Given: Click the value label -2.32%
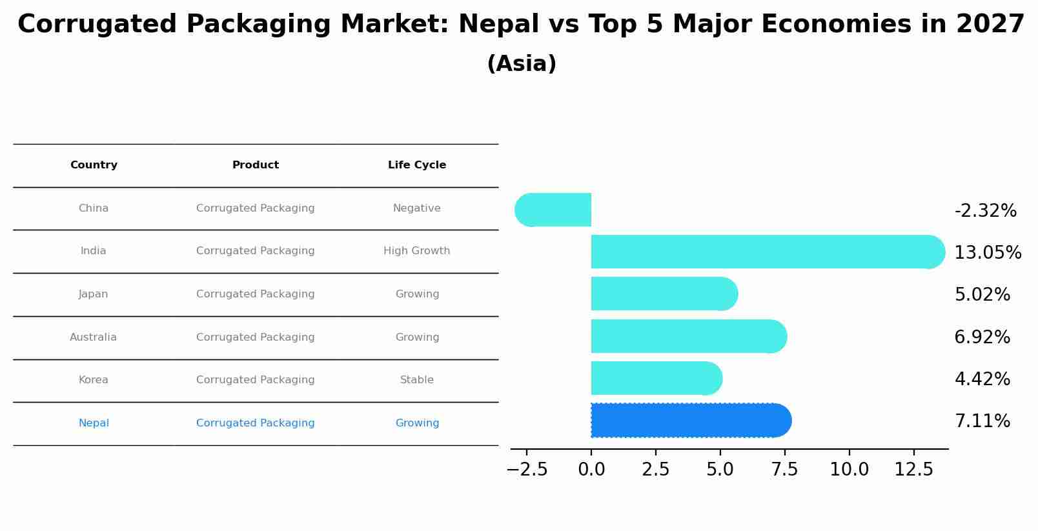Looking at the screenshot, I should point(985,211).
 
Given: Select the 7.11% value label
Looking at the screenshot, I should point(982,421).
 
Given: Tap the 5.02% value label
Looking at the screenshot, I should point(982,295).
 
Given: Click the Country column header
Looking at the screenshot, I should point(94,165).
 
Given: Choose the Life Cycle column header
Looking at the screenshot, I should point(417,165).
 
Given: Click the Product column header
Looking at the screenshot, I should point(256,165).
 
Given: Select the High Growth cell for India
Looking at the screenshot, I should point(417,251).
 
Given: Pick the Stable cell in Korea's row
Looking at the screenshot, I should point(417,380).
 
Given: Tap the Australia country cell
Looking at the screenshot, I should point(94,337).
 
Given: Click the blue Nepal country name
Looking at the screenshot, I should point(94,423).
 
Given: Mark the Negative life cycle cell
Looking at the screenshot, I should point(417,208).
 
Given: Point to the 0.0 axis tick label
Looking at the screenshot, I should point(591,470).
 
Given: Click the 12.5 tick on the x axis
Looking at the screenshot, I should point(913,470).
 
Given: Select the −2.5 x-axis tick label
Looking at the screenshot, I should point(527,470).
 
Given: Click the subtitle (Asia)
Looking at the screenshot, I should point(522,64).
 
